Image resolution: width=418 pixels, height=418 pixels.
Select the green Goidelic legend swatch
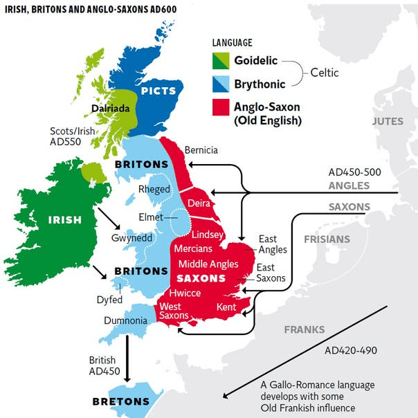point(221,61)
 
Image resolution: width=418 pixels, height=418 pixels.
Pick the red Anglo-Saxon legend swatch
point(221,106)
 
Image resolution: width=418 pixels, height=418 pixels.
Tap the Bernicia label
point(201,150)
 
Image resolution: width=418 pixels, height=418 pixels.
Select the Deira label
point(199,203)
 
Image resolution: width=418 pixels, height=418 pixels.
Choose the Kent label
point(226,306)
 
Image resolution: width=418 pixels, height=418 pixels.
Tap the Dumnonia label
point(125,321)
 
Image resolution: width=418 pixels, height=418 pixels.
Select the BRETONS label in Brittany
point(121,401)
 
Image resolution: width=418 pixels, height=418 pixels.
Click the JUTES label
point(387,121)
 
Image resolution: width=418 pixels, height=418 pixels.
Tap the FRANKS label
point(305,329)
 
